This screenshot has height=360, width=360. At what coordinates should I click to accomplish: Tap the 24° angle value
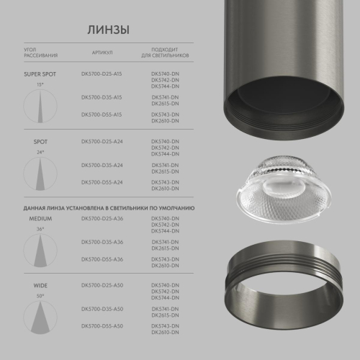pos(40,152)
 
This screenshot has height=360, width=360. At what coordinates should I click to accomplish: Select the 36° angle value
pos(40,228)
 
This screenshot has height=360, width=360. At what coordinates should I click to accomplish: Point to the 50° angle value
pos(40,295)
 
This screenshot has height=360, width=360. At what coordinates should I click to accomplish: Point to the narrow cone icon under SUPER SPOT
pos(40,106)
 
